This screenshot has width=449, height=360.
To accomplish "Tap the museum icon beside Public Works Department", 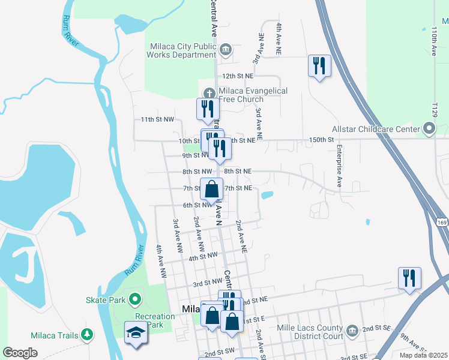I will [226, 49].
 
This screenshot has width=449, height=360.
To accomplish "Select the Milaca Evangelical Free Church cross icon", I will [209, 93].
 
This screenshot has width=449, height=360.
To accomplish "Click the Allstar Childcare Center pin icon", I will [429, 128].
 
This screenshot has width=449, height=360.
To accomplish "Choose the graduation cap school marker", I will [136, 332].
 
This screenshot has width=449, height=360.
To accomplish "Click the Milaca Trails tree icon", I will [88, 335].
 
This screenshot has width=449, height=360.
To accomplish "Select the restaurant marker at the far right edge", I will [409, 278].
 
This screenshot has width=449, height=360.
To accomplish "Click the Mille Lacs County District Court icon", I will [352, 329].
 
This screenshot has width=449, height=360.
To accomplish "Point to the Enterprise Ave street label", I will [339, 166].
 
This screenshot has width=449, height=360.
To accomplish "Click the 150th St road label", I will [321, 140].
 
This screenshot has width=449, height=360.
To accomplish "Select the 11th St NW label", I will [157, 119].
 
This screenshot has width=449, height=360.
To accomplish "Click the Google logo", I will [20, 353].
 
